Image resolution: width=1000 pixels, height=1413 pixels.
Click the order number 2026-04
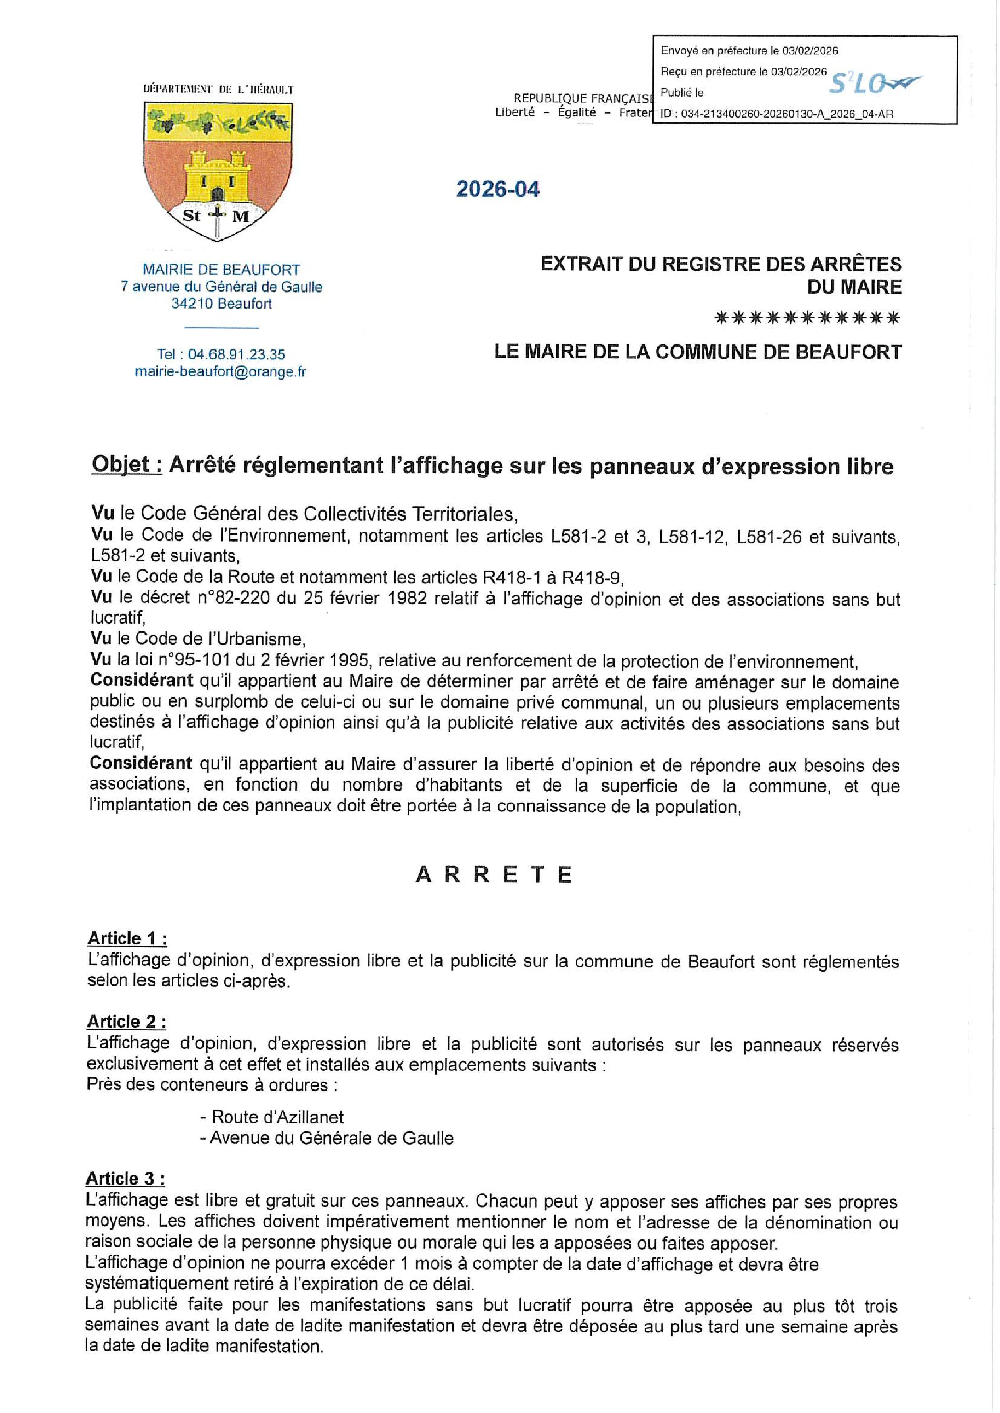[x=498, y=189]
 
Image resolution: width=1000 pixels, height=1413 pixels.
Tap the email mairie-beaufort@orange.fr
[x=221, y=372]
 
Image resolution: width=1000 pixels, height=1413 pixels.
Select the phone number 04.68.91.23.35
[x=236, y=355]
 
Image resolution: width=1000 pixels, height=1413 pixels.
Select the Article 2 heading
[x=126, y=1022]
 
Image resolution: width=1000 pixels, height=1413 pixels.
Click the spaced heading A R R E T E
[x=494, y=875]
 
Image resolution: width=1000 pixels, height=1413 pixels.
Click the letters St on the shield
[x=192, y=216]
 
